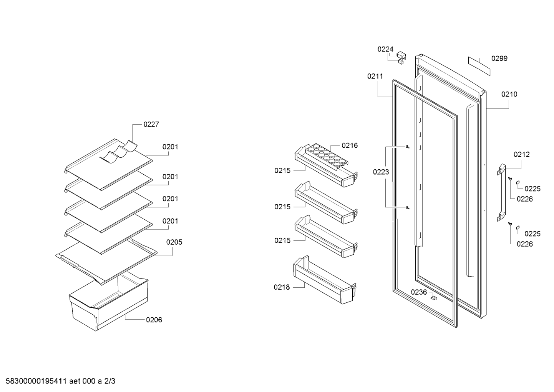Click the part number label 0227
tap(151, 124)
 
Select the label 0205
tap(174, 242)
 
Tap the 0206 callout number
tap(154, 320)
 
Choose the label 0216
tap(350, 145)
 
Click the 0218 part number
tap(282, 287)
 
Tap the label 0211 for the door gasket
tap(375, 76)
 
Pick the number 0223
tap(381, 172)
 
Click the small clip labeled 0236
tap(433, 298)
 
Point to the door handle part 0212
tap(501, 192)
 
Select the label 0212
tap(522, 155)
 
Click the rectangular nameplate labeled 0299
tap(479, 66)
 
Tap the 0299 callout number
tap(499, 58)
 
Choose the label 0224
tap(385, 49)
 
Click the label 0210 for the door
tap(509, 94)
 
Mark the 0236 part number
tap(419, 292)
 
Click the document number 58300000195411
tap(36, 381)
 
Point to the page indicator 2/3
tap(109, 381)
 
